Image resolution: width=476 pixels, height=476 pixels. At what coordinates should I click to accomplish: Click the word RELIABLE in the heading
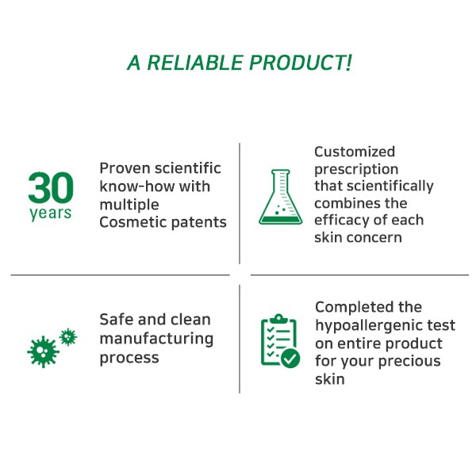[x=194, y=63]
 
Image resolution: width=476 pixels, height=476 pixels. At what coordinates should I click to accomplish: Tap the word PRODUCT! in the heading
[x=301, y=63]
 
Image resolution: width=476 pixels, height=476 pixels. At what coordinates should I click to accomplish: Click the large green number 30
[x=51, y=187]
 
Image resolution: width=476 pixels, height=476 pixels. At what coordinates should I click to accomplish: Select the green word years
[x=51, y=213]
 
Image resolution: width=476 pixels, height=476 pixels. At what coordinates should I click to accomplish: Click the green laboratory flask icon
[x=281, y=197]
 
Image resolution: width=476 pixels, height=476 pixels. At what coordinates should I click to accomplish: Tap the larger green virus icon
[x=43, y=351]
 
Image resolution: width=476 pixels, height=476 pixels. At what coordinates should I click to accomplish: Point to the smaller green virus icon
[x=68, y=336]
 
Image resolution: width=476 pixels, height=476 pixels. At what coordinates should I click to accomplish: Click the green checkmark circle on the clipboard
[x=290, y=359]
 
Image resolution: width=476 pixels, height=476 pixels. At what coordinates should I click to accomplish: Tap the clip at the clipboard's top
[x=278, y=319]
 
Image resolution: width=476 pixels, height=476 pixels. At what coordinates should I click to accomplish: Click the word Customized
[x=355, y=152]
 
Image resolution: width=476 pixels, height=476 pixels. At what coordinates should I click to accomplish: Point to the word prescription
[x=356, y=170]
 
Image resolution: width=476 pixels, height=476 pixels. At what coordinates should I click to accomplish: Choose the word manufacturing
[x=156, y=339]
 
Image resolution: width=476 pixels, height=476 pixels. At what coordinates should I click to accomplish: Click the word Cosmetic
[x=132, y=222]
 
